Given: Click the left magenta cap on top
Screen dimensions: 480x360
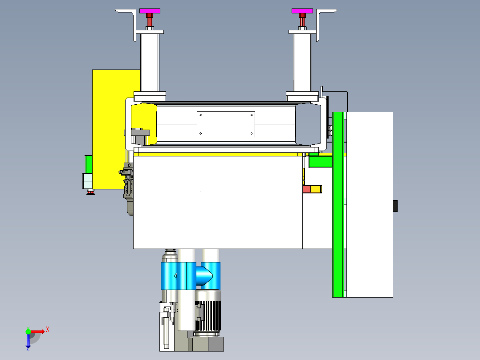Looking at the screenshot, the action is [x=150, y=11].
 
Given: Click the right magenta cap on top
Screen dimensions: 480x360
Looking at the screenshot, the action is [x=302, y=11].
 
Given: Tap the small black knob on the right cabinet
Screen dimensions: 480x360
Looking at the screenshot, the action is [x=395, y=206].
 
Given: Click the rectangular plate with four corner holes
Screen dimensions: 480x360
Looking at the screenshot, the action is [x=226, y=124].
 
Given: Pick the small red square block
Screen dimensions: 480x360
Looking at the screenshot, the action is [x=307, y=189].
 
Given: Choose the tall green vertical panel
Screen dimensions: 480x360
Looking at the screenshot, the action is [x=338, y=205].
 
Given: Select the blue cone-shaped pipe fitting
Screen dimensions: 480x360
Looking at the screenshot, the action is [x=204, y=276].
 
